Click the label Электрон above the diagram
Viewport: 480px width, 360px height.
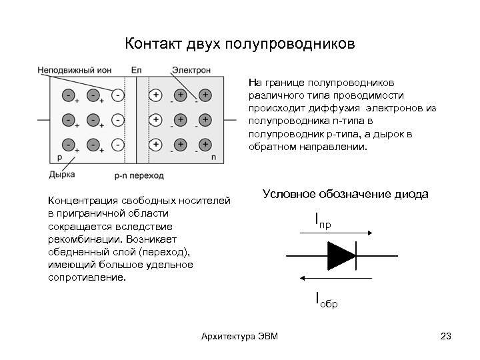tap(191, 70)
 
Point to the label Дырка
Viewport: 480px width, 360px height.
tap(61, 174)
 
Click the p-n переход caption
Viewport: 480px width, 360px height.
tap(139, 176)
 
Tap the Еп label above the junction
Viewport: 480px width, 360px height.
tap(137, 70)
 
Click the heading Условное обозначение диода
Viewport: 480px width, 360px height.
tap(345, 194)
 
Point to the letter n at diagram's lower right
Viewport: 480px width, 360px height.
tap(213, 157)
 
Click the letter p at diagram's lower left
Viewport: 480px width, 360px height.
tap(59, 157)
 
